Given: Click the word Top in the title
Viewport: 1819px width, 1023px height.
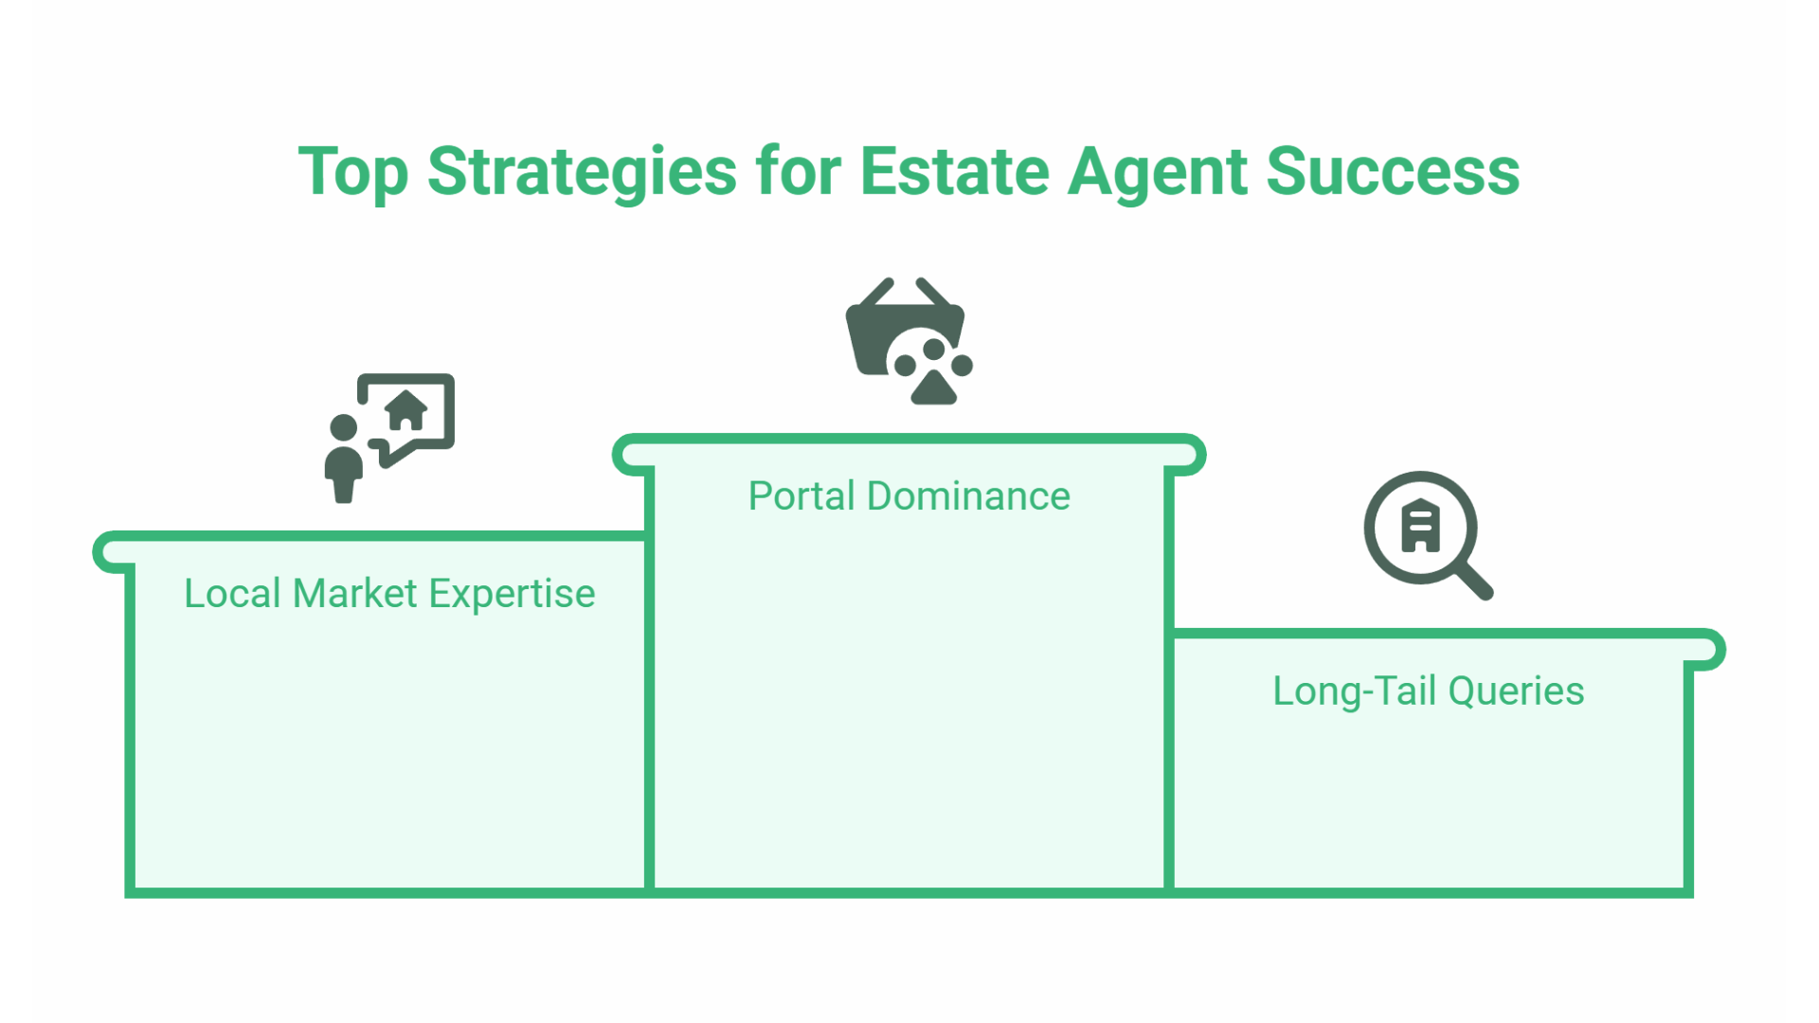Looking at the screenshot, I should [353, 172].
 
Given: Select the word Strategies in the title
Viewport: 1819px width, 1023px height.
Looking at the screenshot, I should [582, 172].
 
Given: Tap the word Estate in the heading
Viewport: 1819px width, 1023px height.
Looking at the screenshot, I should [954, 172].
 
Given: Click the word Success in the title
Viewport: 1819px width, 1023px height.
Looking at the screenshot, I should [1393, 172].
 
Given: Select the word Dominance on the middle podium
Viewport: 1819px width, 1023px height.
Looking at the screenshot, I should [968, 496].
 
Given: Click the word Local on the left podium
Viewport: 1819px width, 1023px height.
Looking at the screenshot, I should [232, 594].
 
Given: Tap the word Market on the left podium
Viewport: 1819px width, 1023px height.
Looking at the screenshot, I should [355, 594].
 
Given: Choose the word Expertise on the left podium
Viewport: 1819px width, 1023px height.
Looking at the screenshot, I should [512, 594].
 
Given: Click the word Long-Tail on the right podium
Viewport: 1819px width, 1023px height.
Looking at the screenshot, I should [1354, 691].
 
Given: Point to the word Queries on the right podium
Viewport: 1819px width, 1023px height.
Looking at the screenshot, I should [1516, 691].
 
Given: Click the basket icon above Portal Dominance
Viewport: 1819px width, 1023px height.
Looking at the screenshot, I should [886, 332].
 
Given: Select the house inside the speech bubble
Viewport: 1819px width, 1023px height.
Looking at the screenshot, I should [406, 410].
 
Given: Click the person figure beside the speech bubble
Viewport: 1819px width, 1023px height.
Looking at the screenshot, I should [343, 459].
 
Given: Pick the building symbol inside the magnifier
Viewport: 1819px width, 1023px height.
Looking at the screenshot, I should [1420, 527].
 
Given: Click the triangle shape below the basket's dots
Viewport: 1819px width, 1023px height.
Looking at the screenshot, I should [934, 388].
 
